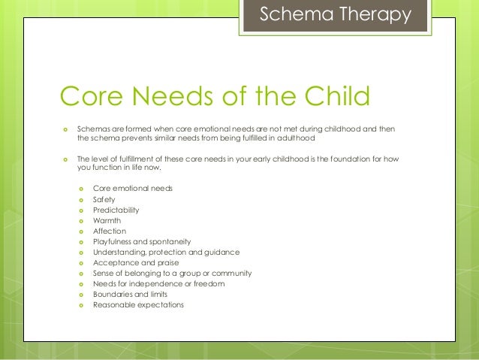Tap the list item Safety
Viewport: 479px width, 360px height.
click(104, 199)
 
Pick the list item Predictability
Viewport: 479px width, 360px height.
click(116, 210)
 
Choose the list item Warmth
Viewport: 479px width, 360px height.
click(107, 220)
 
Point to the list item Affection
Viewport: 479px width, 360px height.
click(110, 231)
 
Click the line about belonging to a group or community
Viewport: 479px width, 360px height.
click(172, 273)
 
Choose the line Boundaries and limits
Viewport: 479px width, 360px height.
click(129, 294)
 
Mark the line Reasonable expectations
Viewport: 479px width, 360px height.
click(138, 304)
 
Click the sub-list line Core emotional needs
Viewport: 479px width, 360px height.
click(132, 187)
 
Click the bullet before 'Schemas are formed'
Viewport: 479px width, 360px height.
click(66, 129)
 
